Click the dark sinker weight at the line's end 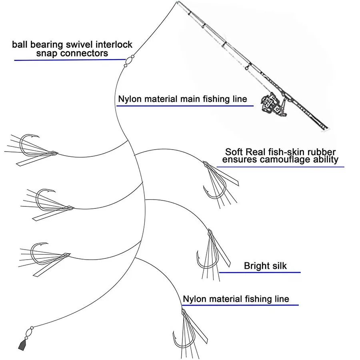coord(22,344)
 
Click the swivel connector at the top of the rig coord(129,61)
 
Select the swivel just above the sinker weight coord(29,333)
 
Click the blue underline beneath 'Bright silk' coord(260,272)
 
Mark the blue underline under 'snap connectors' coord(70,60)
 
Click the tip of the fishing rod coord(178,2)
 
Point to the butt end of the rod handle coord(326,130)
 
